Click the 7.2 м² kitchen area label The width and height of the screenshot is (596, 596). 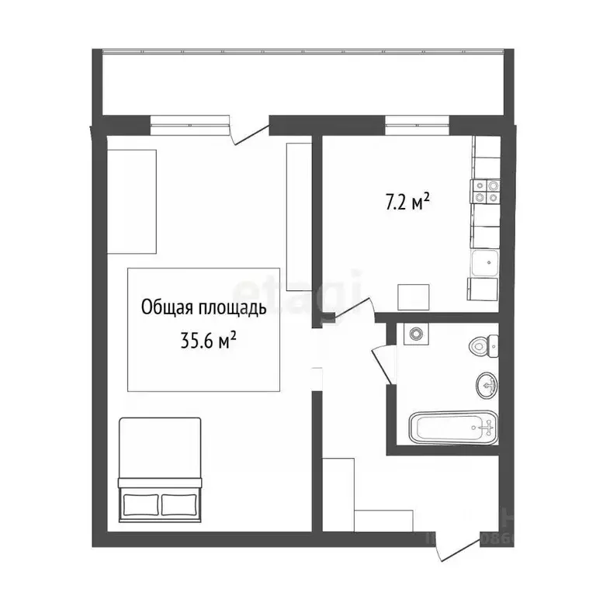pyautogui.click(x=407, y=203)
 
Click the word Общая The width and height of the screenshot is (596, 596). pyautogui.click(x=165, y=308)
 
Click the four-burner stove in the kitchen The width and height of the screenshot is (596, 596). pyautogui.click(x=486, y=191)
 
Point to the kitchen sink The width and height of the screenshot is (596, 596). pyautogui.click(x=486, y=264)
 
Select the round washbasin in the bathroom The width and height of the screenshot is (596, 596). pyautogui.click(x=487, y=383)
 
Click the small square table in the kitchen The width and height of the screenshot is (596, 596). pyautogui.click(x=412, y=298)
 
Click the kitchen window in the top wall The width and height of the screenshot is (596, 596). pyautogui.click(x=418, y=120)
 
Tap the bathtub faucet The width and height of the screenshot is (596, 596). pyautogui.click(x=486, y=425)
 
